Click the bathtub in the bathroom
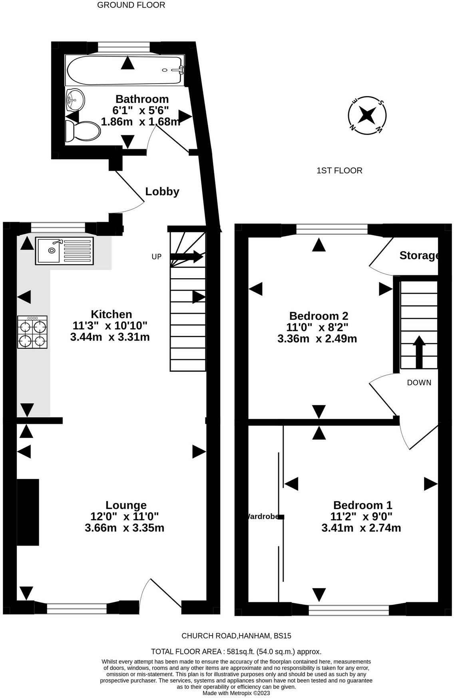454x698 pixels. coord(125,70)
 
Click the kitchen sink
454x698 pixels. coord(64,251)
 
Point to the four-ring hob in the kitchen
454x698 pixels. coord(32,332)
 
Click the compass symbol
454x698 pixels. coord(367,116)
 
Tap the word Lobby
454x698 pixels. coord(162,192)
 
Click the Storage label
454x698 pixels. coord(420,255)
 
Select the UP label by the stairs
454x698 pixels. coord(157,257)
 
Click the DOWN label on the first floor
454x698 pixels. coord(419,383)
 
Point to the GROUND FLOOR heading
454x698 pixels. coord(131,5)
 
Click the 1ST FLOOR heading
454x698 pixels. coord(339,171)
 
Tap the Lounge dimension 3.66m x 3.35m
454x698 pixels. coord(124,528)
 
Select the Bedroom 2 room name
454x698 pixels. coord(319,316)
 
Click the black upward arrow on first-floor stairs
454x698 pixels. coord(419,352)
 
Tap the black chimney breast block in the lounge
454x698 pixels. coord(28,512)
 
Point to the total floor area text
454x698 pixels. coord(236,652)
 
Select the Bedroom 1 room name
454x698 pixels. coord(362,505)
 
